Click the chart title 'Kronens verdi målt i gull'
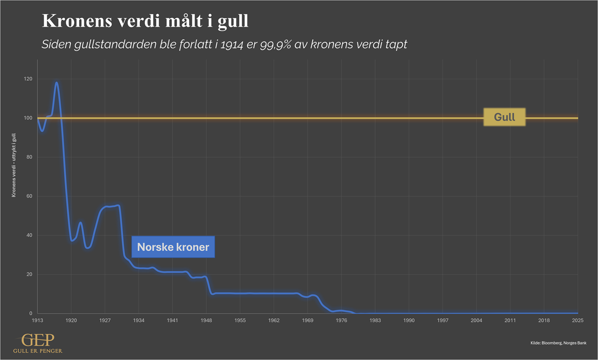pos(145,22)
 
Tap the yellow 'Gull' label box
pos(504,117)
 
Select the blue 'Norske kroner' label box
pos(173,247)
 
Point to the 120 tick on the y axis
pos(28,79)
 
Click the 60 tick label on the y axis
pos(29,196)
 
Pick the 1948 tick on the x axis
pos(206,320)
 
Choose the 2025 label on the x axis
pos(578,320)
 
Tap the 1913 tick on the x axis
pos(37,320)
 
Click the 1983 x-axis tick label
pos(375,320)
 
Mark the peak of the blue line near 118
pos(57,83)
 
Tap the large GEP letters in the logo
pos(38,340)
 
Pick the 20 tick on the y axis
pos(29,274)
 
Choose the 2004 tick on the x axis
pos(477,320)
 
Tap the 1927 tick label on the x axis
pos(105,320)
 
